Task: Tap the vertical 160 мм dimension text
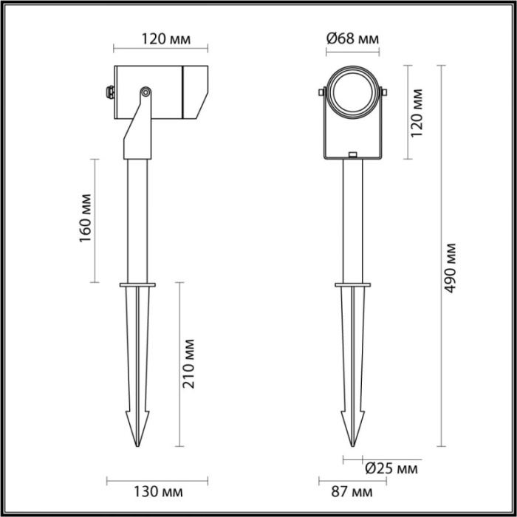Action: [85, 219]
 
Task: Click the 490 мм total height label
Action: [451, 267]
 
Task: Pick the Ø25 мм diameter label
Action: [391, 468]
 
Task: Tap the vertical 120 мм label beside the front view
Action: [418, 112]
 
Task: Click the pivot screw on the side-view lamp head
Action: [145, 92]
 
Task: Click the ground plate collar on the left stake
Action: [138, 283]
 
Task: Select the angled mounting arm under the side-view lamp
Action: [137, 133]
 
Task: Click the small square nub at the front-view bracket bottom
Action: [353, 155]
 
